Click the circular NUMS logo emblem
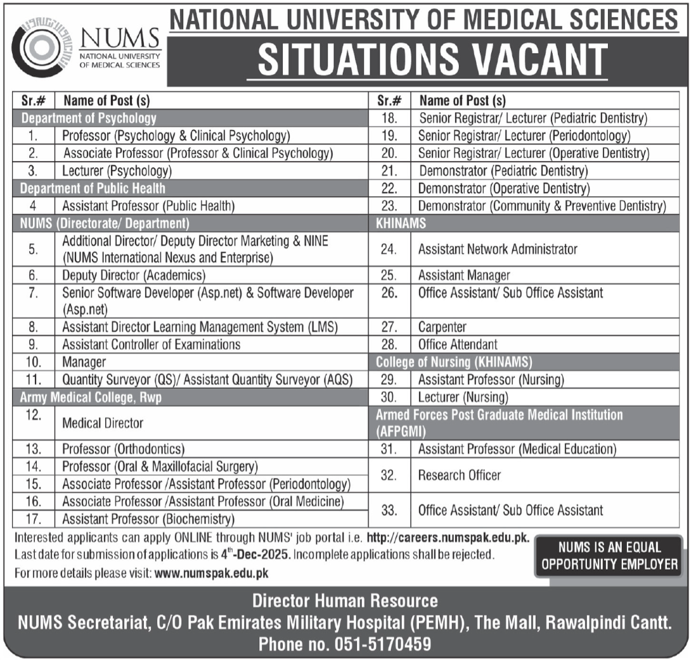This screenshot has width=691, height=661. point(39,49)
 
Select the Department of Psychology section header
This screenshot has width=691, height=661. point(89,118)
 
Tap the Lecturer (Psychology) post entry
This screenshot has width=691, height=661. point(117,170)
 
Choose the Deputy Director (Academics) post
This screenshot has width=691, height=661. point(134,276)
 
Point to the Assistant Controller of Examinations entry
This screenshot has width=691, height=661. point(151,345)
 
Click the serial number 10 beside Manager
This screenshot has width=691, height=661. point(34,363)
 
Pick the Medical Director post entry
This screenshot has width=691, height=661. point(102,423)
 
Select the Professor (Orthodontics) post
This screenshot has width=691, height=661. point(123,449)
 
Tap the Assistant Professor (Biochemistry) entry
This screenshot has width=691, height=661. point(148,519)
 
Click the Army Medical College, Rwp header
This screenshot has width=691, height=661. point(95,397)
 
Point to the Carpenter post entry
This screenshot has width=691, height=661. point(442,328)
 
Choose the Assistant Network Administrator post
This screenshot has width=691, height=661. point(498,249)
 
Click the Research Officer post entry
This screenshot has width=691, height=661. point(459,475)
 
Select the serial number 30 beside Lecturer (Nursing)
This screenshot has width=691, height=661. point(389,397)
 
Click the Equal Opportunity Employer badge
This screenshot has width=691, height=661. point(609,556)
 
